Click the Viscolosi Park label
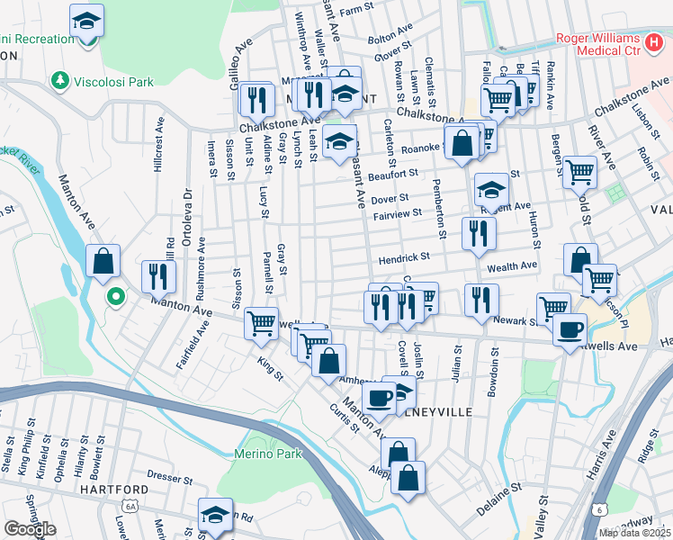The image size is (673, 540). click(x=114, y=82)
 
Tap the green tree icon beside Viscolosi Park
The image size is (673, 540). click(x=61, y=82)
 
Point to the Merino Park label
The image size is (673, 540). click(x=267, y=454)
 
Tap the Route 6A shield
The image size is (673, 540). click(x=131, y=507)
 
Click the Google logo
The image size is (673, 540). click(x=30, y=529)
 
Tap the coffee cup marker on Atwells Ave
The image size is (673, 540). click(x=570, y=329)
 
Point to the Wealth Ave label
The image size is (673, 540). click(x=512, y=267)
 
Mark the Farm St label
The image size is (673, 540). click(x=356, y=8)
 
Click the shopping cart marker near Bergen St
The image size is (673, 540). click(x=580, y=170)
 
